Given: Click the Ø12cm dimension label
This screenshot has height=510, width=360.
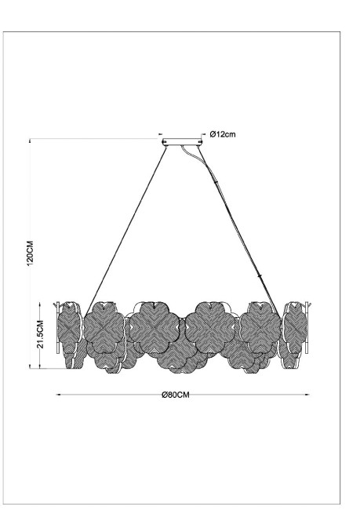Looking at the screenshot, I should click(x=224, y=134).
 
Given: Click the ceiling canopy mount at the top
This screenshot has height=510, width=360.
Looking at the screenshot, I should click(x=180, y=143).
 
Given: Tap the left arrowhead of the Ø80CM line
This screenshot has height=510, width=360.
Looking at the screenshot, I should click(x=60, y=394).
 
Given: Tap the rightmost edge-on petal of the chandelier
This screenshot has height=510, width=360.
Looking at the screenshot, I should click(x=296, y=333).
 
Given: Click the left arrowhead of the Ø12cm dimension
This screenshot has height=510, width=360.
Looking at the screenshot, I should click(x=161, y=134).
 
